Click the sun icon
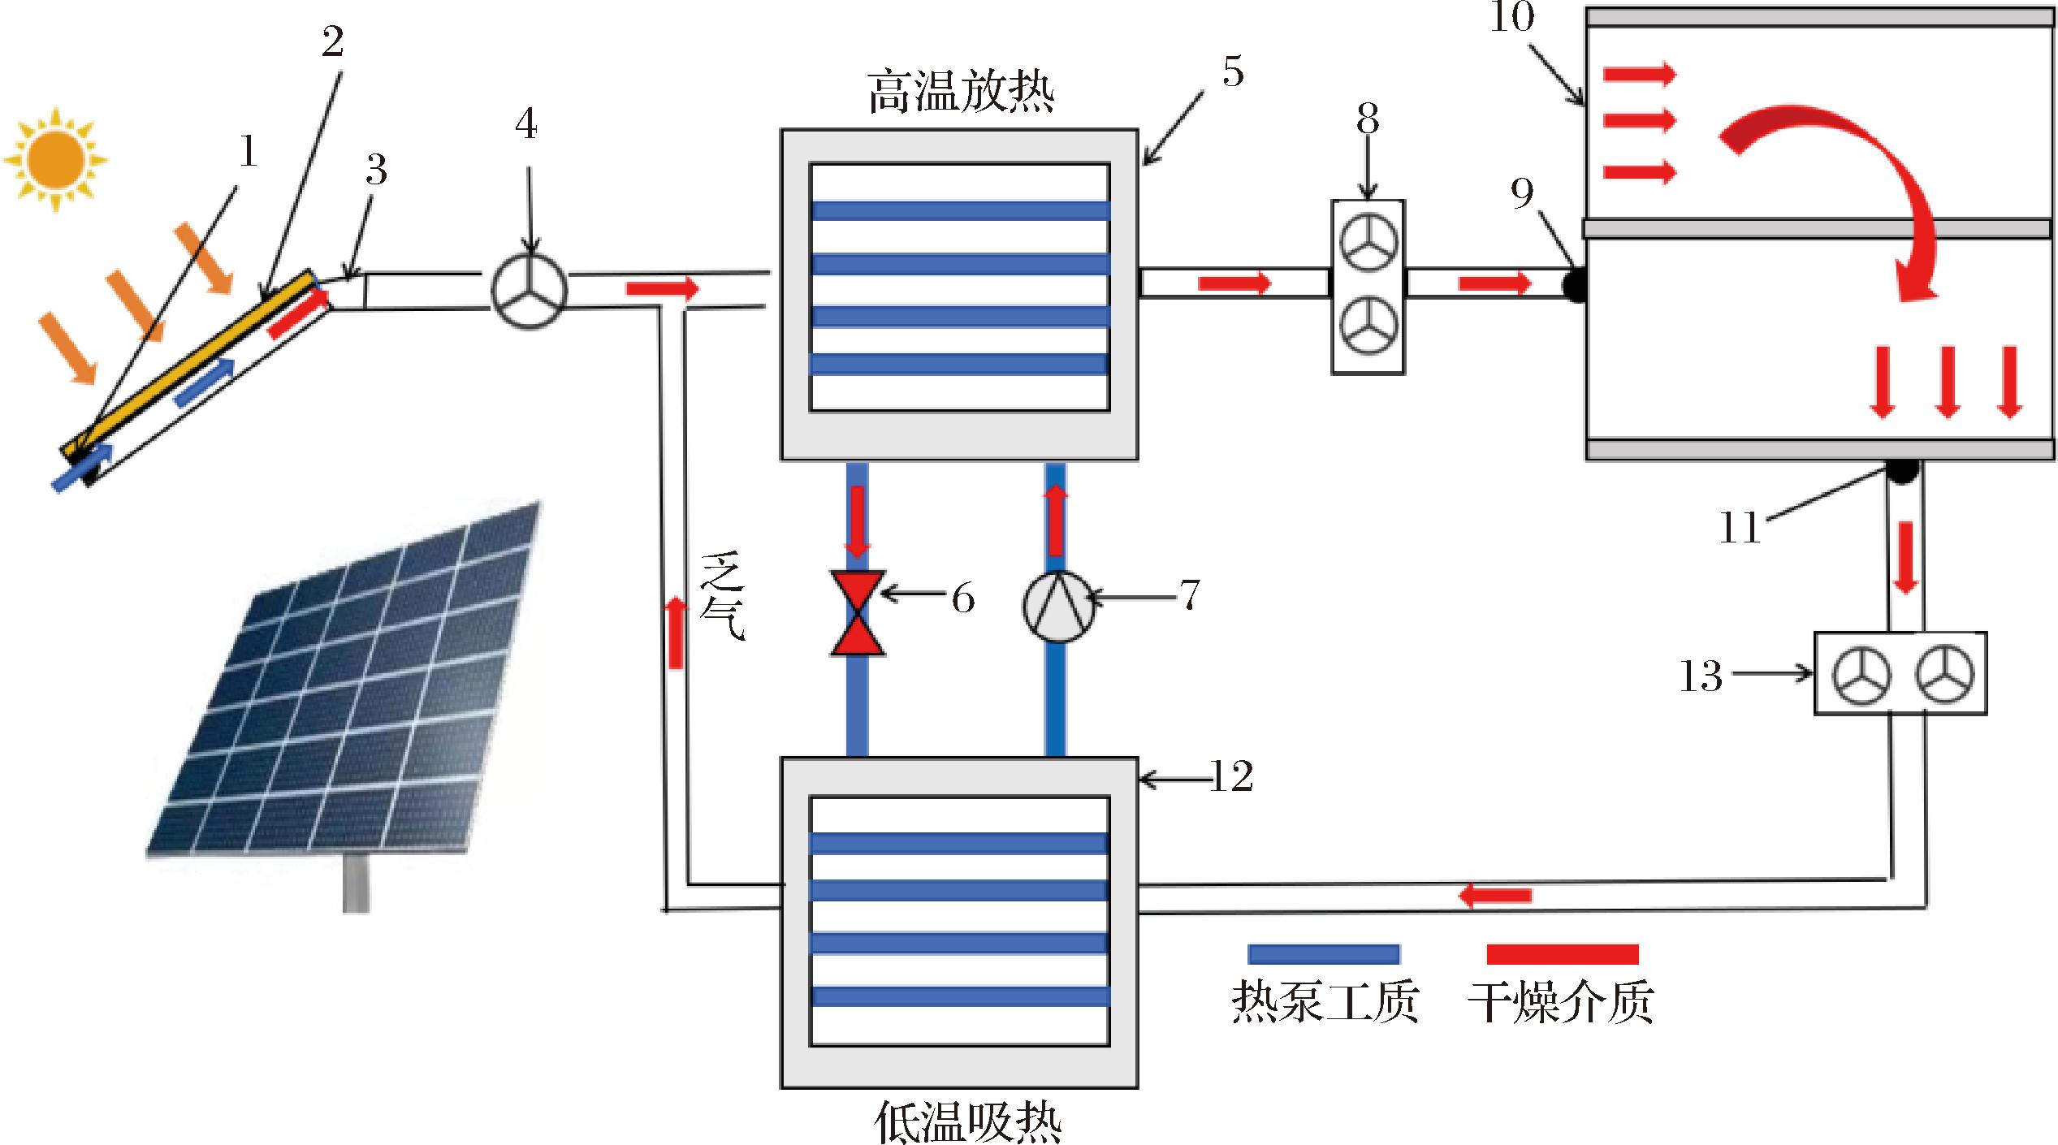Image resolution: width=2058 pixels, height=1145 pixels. click(x=54, y=159)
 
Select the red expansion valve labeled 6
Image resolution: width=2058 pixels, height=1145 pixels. click(x=858, y=613)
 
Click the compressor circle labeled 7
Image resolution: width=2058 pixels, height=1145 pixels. click(x=1057, y=607)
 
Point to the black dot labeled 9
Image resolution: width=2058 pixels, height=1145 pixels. click(x=1576, y=286)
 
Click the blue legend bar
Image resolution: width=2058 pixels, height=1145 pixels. click(x=1324, y=953)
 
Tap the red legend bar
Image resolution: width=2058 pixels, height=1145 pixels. click(x=1562, y=953)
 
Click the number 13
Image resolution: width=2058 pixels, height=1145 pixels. click(x=1701, y=676)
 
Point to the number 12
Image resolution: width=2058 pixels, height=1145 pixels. click(x=1231, y=777)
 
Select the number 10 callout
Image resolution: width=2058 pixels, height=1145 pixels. click(x=1512, y=16)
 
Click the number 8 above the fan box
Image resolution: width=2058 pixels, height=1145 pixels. click(x=1368, y=119)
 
